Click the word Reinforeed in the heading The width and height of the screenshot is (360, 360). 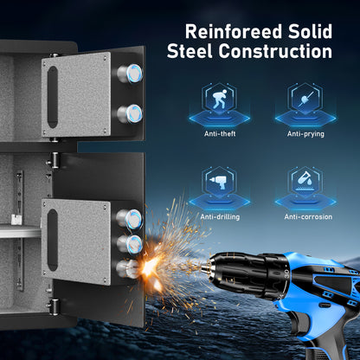tap(233, 31)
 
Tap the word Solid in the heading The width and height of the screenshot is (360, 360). tap(310, 31)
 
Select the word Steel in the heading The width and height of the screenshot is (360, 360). tap(190, 51)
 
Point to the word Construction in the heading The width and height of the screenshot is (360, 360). tap(275, 51)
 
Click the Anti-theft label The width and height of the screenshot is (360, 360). tap(220, 134)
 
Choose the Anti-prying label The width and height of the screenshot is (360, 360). tap(305, 134)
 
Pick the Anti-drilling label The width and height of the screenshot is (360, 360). tap(220, 217)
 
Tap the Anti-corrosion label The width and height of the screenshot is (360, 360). tap(308, 216)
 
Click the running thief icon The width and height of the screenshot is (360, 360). tap(219, 99)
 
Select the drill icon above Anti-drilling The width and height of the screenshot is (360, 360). tap(219, 182)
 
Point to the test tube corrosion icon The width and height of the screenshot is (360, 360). tap(305, 180)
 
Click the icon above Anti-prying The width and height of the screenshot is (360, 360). tap(305, 99)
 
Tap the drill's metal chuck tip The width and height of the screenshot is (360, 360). tap(205, 267)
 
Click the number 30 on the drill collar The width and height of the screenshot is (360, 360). tap(286, 273)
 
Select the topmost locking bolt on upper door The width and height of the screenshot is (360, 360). tap(130, 74)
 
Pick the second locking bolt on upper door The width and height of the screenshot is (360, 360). tap(130, 113)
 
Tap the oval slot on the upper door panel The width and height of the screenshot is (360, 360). tap(53, 97)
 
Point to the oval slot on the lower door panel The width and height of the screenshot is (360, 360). tap(53, 240)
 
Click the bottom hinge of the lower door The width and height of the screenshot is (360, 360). tap(54, 305)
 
